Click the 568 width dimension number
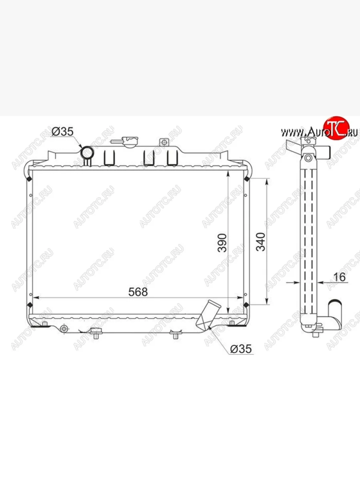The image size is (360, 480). pos(138,292)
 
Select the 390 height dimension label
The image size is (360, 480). pos(222,243)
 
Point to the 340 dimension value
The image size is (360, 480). pos(260,242)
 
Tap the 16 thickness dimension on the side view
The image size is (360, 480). pos(340,277)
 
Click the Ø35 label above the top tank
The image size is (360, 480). pos(63,132)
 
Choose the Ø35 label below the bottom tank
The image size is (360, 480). pos(241,349)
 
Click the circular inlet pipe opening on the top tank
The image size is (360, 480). pos(87,153)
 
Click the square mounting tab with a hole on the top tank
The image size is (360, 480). pos(164,142)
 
